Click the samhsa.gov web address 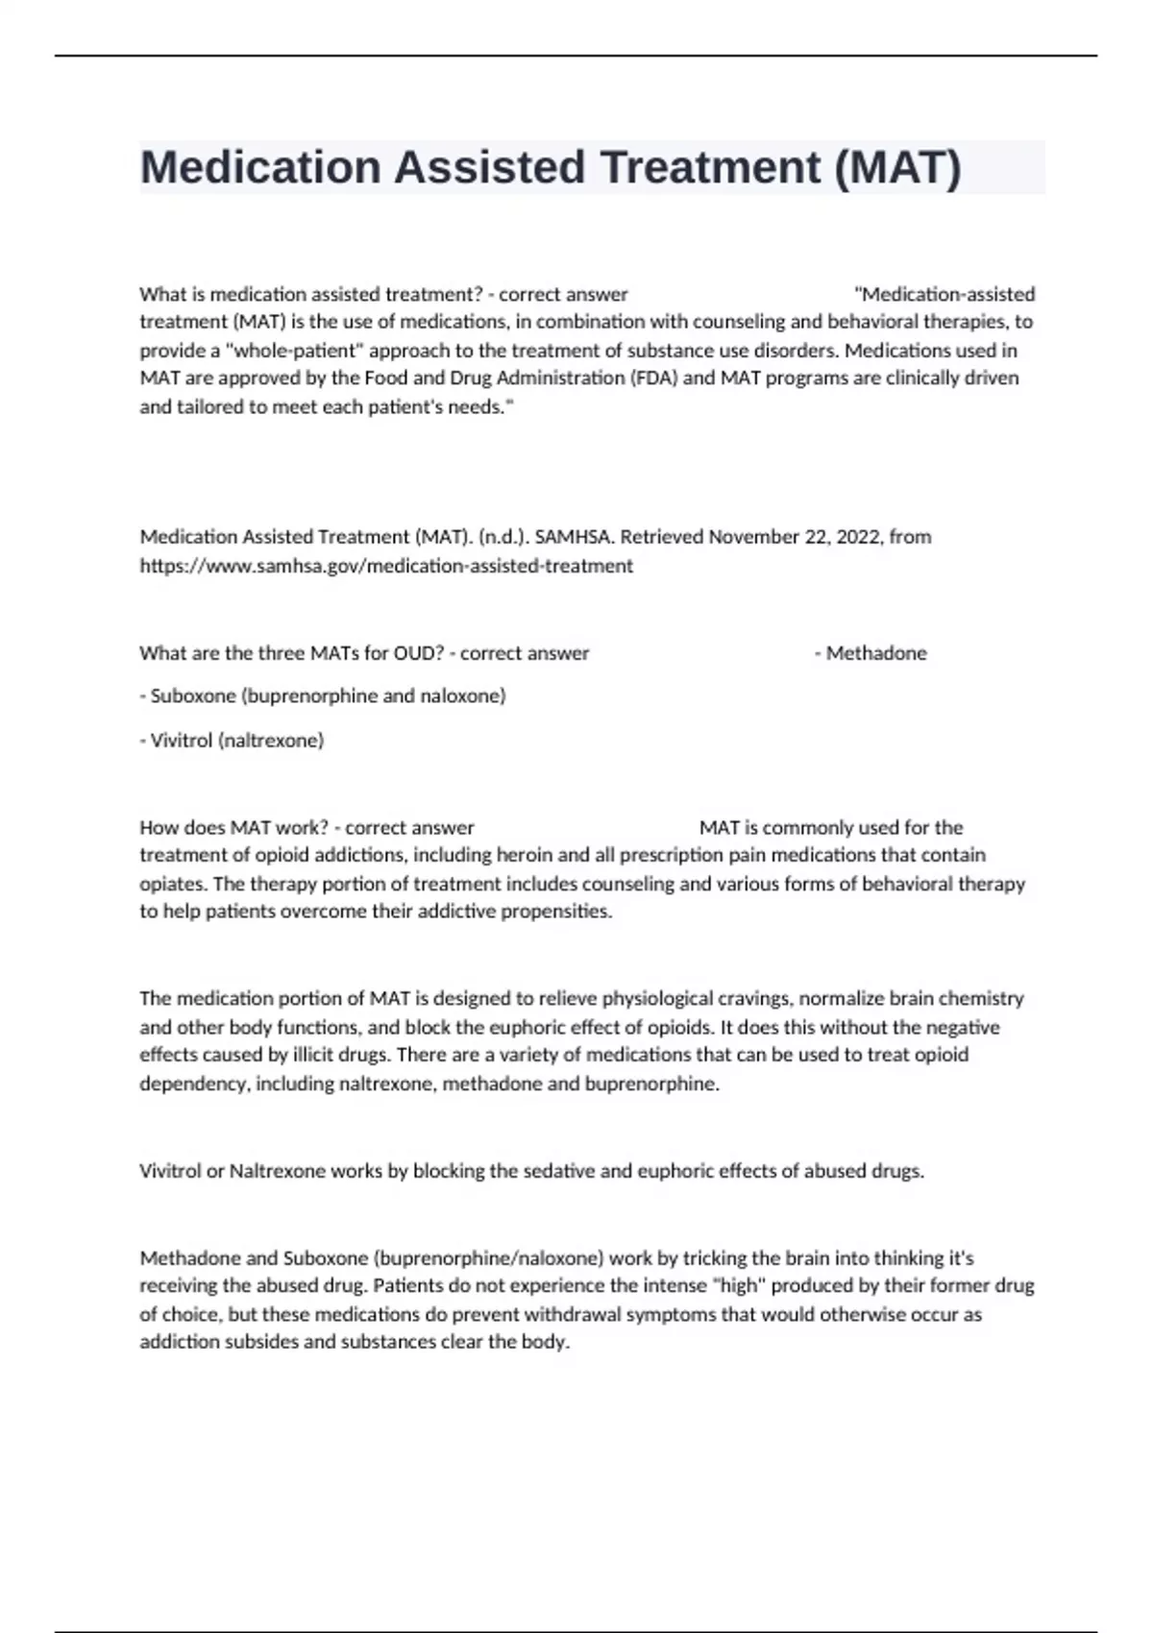pos(386,566)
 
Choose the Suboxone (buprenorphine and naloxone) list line pos(323,695)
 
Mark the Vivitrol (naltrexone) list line pos(232,741)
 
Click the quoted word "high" pos(738,1286)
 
